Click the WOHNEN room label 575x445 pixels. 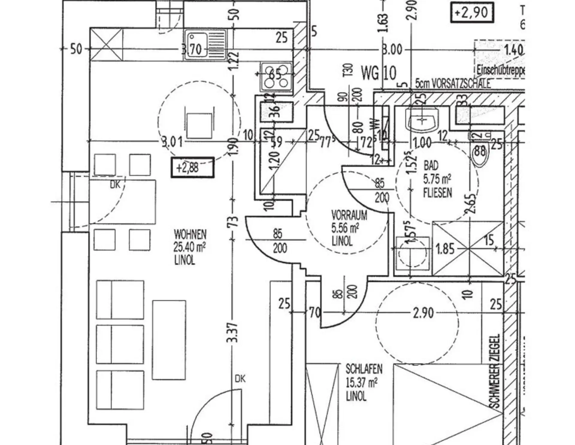pyautogui.click(x=190, y=234)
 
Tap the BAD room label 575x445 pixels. pyautogui.click(x=431, y=166)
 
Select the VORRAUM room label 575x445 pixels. pyautogui.click(x=349, y=215)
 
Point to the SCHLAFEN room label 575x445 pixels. pyautogui.click(x=364, y=369)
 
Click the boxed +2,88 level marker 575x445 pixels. pyautogui.click(x=193, y=168)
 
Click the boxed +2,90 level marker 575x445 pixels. pyautogui.click(x=472, y=13)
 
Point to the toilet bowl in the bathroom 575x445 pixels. pyautogui.click(x=480, y=153)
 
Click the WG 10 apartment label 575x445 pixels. pyautogui.click(x=379, y=73)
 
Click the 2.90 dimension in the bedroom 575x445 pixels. pyautogui.click(x=423, y=313)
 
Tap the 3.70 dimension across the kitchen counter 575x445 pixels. pyautogui.click(x=192, y=49)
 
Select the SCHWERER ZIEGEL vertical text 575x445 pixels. pyautogui.click(x=495, y=371)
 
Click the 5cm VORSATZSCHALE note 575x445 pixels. pyautogui.click(x=453, y=84)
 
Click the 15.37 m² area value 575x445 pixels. pyautogui.click(x=361, y=383)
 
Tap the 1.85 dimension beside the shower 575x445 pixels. pyautogui.click(x=445, y=249)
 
